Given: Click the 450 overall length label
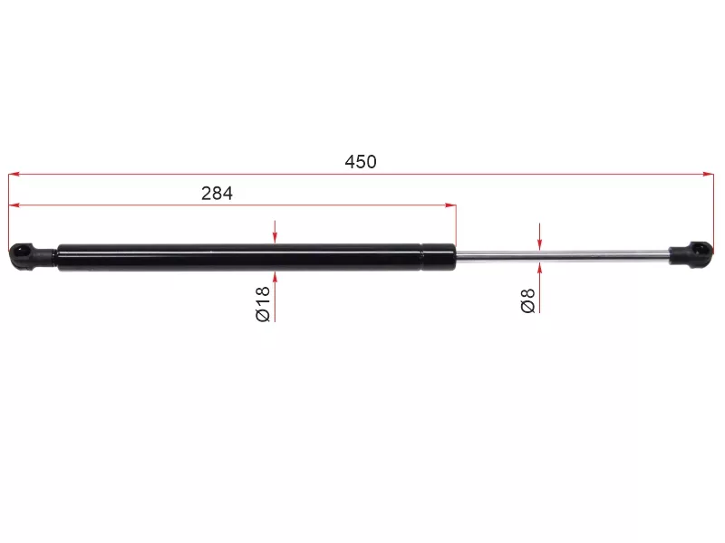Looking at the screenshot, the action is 361,162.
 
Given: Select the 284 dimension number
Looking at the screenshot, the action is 217,194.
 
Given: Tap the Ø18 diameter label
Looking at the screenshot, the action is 263,304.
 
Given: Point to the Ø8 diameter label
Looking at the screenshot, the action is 527,300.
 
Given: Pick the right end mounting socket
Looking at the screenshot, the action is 691,254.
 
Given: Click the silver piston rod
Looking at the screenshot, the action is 562,255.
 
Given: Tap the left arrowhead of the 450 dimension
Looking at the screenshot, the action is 14,175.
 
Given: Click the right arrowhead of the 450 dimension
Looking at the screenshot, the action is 709,174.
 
